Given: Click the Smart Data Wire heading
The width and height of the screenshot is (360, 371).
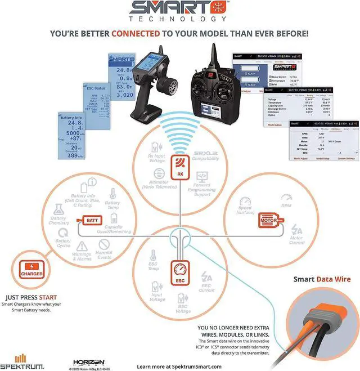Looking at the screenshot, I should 321,279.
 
